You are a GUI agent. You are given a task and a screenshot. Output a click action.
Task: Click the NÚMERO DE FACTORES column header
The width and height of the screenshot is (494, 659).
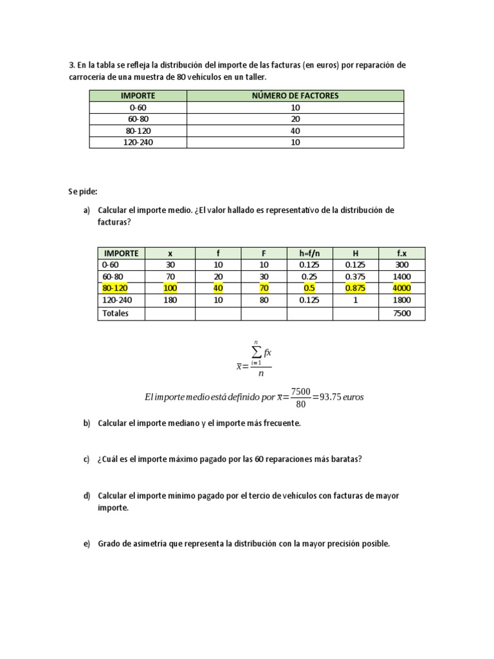[295, 95]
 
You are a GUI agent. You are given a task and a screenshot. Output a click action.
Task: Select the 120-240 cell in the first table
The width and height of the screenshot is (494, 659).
[138, 142]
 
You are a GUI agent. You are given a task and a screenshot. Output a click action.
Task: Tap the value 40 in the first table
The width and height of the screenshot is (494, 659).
[295, 131]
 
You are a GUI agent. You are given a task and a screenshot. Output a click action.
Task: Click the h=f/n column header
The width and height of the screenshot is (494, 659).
[309, 253]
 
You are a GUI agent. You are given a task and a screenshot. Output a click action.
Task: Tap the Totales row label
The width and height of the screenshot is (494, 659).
[115, 313]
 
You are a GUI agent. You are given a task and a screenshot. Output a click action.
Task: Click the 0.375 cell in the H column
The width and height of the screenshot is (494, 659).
[355, 277]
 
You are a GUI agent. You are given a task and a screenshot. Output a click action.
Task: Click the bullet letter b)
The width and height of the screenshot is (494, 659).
[87, 423]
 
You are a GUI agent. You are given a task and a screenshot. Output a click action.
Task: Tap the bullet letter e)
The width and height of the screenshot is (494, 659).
[87, 544]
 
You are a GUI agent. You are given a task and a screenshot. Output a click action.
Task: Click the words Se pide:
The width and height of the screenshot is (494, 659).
[81, 192]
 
